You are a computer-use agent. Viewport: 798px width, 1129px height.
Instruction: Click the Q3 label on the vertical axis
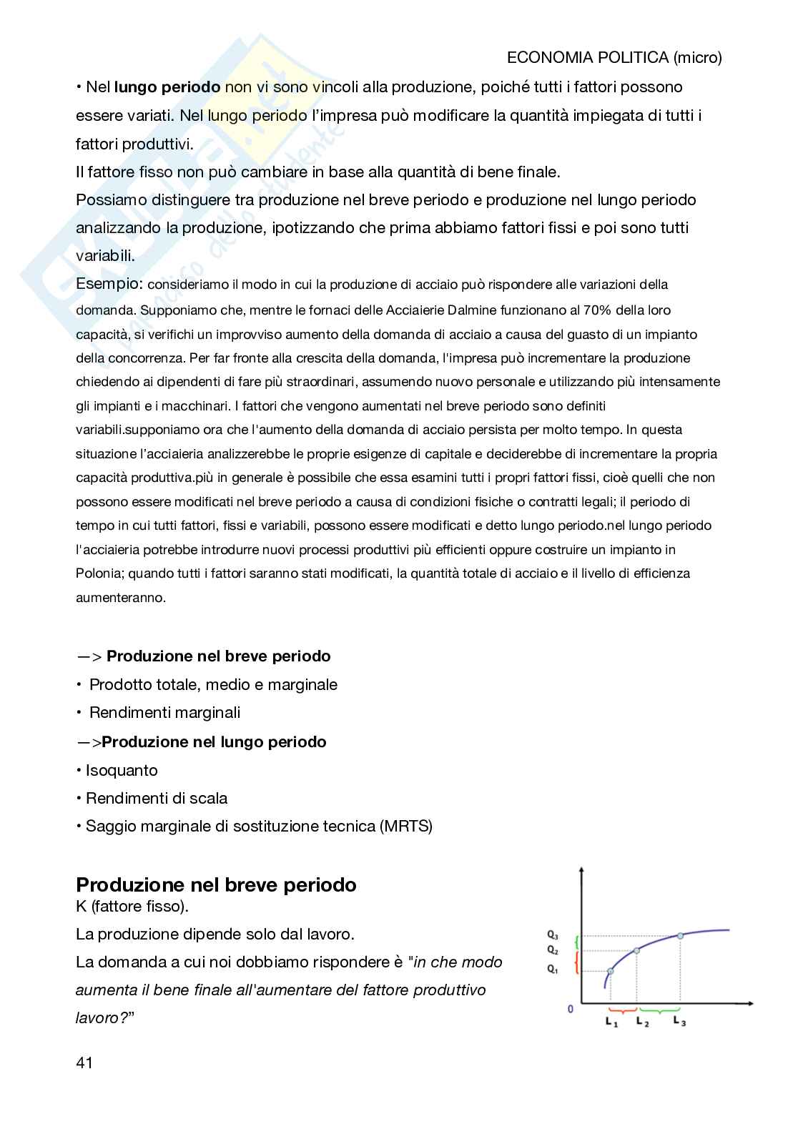tap(552, 935)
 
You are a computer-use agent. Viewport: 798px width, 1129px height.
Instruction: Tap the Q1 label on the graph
tap(552, 969)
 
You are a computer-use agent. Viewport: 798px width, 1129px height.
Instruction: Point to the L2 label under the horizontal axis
tap(642, 1022)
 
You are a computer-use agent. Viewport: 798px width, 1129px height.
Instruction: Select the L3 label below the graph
tap(679, 1022)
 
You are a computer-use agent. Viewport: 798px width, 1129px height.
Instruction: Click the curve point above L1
tap(610, 971)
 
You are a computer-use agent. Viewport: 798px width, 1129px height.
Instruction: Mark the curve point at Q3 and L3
tap(680, 935)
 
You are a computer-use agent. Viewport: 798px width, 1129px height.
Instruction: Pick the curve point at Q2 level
tap(637, 950)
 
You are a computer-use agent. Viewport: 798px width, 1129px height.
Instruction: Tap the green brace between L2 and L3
tap(659, 1010)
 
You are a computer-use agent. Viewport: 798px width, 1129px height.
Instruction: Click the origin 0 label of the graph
tap(570, 1009)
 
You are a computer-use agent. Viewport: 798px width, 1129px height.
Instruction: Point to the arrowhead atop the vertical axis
tap(584, 870)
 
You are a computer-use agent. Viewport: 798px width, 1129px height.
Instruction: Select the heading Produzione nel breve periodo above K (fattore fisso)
tap(216, 884)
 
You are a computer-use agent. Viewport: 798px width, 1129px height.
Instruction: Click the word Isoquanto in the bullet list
tap(122, 770)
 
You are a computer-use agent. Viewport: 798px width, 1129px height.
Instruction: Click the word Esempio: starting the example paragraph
tap(109, 284)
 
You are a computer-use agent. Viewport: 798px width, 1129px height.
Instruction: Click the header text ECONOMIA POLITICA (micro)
tap(614, 58)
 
